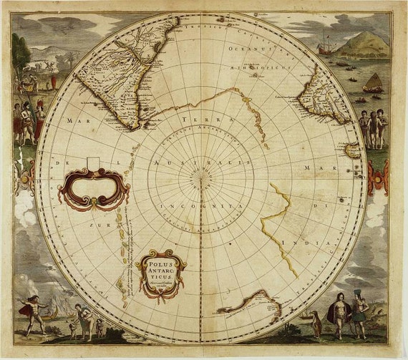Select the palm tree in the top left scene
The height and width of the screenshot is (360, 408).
(19, 54)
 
